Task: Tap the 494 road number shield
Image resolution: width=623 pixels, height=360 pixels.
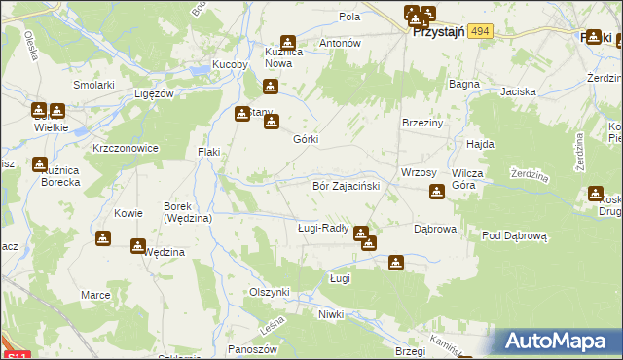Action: coord(480,32)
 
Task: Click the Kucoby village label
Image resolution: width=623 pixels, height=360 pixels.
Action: coord(232,66)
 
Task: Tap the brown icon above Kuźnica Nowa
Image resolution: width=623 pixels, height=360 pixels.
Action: coord(288,43)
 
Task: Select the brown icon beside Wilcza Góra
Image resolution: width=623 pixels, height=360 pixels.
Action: coord(437,193)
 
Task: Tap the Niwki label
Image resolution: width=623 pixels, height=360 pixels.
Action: coord(332,314)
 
